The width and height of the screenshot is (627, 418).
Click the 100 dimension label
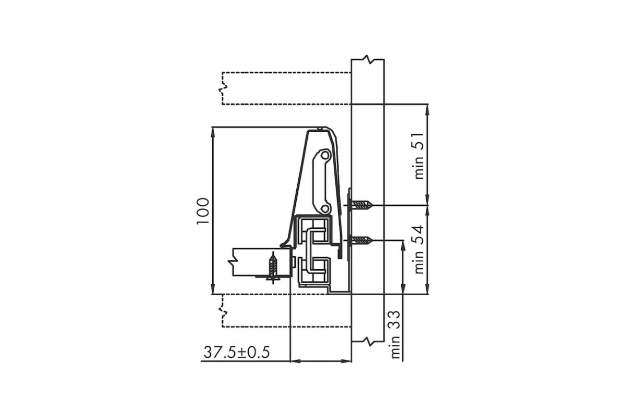[x=203, y=211]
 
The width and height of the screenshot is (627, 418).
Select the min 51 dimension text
[x=419, y=156]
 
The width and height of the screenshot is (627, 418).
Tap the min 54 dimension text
[x=419, y=249]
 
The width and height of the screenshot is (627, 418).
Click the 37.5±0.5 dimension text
[x=237, y=352]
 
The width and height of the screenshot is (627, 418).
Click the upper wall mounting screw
[x=362, y=205]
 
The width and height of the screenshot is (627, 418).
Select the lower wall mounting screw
[x=362, y=240]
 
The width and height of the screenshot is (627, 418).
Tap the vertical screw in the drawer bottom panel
[x=273, y=268]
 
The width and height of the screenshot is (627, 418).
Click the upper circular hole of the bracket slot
[x=324, y=155]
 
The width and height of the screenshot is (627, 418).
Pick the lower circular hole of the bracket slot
[x=324, y=208]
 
